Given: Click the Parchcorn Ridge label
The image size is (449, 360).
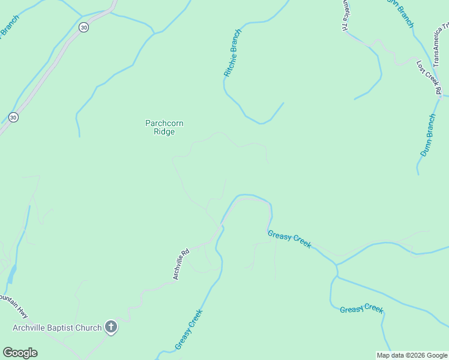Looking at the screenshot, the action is pyautogui.click(x=164, y=127).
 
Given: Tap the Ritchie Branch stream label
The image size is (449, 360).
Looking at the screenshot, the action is pyautogui.click(x=232, y=53).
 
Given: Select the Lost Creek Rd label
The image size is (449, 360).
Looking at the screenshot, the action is pyautogui.click(x=429, y=77).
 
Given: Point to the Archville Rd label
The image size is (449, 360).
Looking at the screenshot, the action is pyautogui.click(x=181, y=264).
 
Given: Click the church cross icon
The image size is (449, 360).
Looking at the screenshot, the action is pyautogui.click(x=110, y=327).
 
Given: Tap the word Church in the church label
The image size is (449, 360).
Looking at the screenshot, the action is pyautogui.click(x=88, y=328).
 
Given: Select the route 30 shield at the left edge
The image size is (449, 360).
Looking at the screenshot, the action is pyautogui.click(x=13, y=117).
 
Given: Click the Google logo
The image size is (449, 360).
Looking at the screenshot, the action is pyautogui.click(x=20, y=353).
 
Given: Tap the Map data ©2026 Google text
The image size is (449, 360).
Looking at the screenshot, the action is pyautogui.click(x=412, y=355).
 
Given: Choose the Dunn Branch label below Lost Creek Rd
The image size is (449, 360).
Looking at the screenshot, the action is pyautogui.click(x=427, y=135).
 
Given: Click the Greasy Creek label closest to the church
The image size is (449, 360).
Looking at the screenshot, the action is pyautogui.click(x=188, y=329).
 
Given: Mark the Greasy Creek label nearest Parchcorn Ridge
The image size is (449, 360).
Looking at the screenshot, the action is pyautogui.click(x=289, y=239).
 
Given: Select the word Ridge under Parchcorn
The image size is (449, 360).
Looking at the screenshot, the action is pyautogui.click(x=164, y=132).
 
